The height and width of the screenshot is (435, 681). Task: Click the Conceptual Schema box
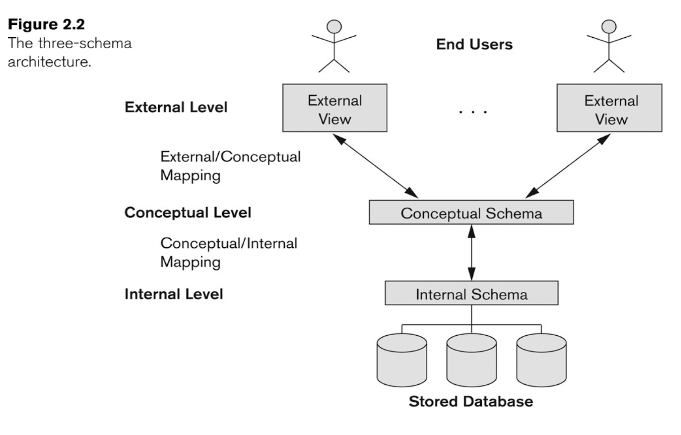pos(471,212)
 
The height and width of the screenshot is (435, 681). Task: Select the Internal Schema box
pos(471,293)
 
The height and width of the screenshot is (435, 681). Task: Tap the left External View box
pos(335,108)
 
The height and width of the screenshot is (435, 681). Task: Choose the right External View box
pos(609,108)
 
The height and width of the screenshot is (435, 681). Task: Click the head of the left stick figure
pos(334,27)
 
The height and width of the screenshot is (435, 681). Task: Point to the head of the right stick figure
pos(609,27)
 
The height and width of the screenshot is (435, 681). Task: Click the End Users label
pos(474,44)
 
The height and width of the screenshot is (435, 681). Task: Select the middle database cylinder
pos(471,360)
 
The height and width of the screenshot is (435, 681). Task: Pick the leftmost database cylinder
pos(402,360)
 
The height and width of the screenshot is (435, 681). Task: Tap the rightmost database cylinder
pos(541,360)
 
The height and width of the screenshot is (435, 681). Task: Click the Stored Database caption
pos(470,401)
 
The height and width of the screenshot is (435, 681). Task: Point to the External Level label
pos(176,107)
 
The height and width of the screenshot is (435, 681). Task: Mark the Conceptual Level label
pos(188,212)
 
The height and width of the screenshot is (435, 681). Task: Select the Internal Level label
pos(174,294)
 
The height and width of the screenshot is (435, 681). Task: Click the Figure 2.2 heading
pos(46,24)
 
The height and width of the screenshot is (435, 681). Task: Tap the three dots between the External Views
pos(473,112)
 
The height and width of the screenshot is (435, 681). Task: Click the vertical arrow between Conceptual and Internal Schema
pos(472,252)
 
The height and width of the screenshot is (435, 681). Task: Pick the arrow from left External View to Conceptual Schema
pos(375,166)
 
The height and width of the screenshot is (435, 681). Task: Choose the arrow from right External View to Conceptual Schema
pos(568,166)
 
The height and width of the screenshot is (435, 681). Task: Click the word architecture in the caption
pos(49,62)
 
